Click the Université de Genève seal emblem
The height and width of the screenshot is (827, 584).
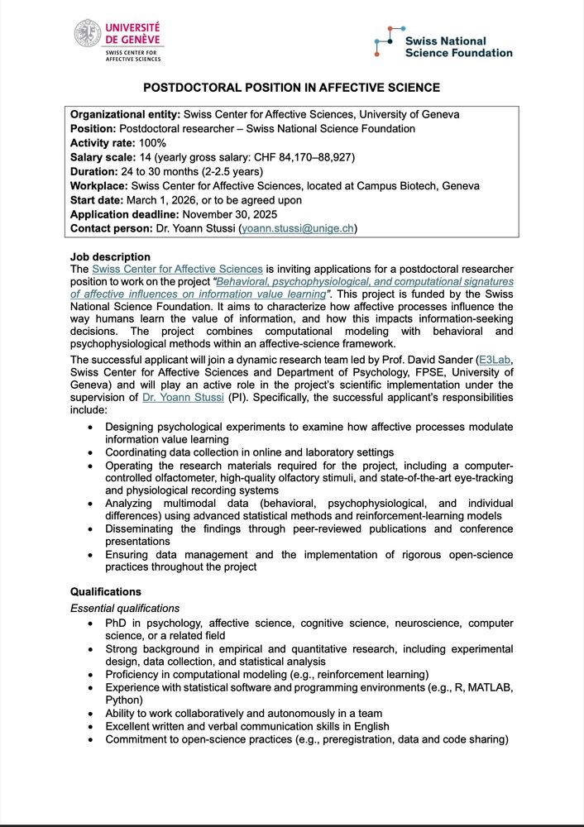(x=87, y=34)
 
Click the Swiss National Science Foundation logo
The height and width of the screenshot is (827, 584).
(x=443, y=45)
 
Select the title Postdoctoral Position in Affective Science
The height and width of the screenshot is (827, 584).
(x=291, y=88)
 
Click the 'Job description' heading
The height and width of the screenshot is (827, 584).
(x=110, y=257)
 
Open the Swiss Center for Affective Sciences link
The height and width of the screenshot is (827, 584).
(x=177, y=269)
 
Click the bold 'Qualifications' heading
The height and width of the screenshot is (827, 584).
(x=106, y=592)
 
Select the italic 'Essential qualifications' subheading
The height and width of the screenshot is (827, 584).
(x=124, y=609)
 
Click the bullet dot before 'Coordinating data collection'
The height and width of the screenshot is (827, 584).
(x=90, y=452)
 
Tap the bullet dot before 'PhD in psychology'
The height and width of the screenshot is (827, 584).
(x=90, y=623)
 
